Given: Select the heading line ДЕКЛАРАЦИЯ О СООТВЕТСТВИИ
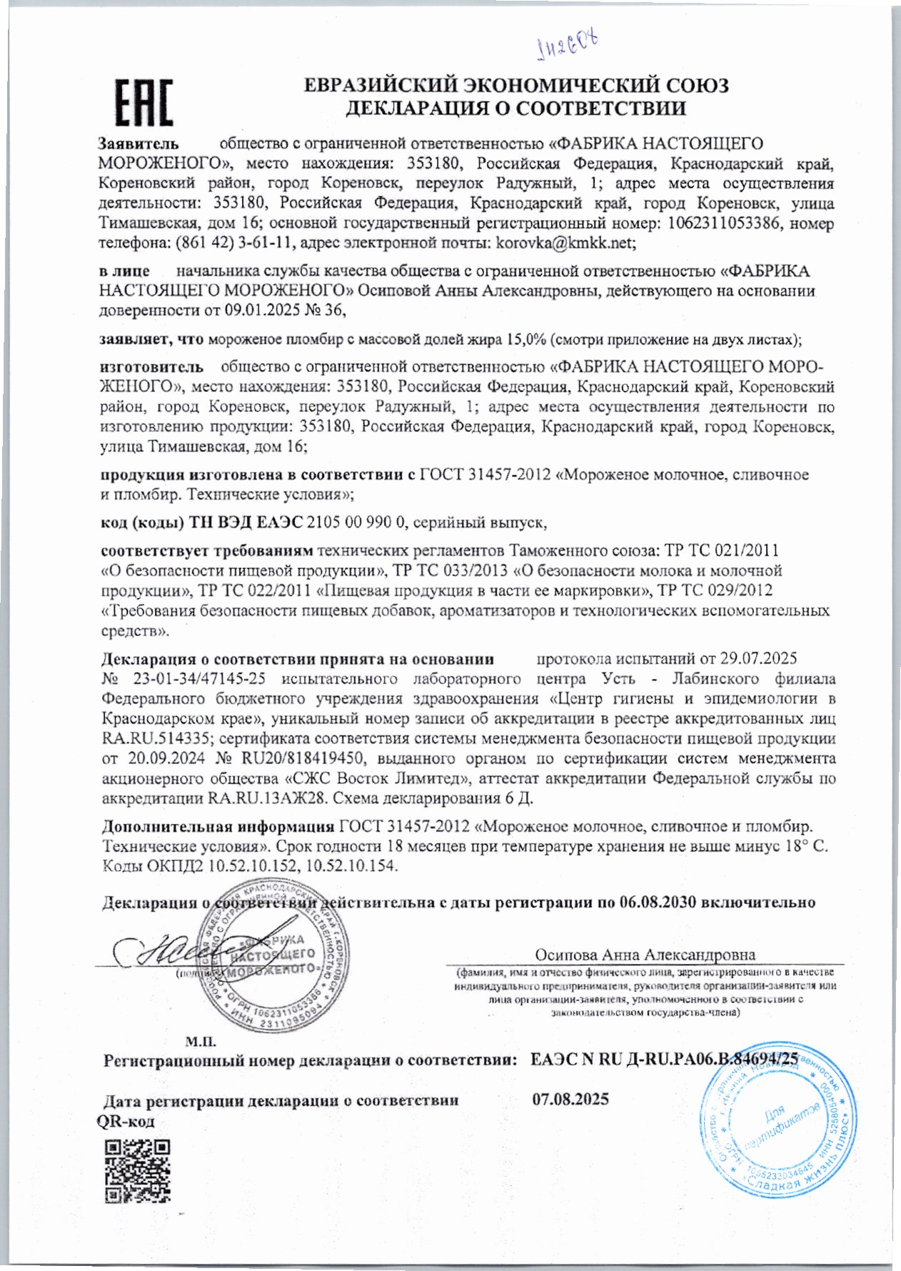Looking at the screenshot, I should coord(515,109).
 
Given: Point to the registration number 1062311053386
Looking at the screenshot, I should coord(716,223).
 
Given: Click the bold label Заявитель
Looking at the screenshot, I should coord(139,144).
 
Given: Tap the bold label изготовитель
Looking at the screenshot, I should coord(152,367).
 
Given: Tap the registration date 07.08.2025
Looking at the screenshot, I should coord(570,1098).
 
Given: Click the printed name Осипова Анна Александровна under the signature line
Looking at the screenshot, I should coord(645,955).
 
